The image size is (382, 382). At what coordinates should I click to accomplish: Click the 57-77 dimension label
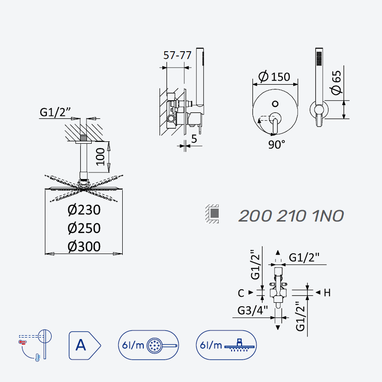(x=177, y=55)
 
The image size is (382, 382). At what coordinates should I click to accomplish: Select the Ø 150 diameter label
(x=274, y=76)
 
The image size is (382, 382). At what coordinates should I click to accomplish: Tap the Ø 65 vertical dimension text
(x=337, y=82)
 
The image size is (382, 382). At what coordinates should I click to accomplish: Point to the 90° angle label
(x=276, y=145)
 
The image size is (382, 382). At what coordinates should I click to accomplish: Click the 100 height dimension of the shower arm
(x=100, y=157)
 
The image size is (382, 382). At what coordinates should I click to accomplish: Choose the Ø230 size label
(x=84, y=210)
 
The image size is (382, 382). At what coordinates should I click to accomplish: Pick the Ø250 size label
(x=84, y=228)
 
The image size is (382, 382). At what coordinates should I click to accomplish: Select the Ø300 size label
(x=84, y=246)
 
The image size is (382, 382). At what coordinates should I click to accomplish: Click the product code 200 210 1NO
(x=291, y=216)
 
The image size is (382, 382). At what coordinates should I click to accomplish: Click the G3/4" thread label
(x=253, y=310)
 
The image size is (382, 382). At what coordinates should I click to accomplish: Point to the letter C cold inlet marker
(x=241, y=293)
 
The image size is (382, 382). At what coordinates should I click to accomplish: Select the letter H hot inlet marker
(x=327, y=293)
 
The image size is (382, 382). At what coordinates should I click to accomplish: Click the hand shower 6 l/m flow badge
(x=149, y=345)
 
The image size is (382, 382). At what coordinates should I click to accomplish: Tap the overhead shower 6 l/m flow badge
(x=226, y=345)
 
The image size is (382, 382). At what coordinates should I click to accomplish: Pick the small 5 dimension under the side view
(x=194, y=139)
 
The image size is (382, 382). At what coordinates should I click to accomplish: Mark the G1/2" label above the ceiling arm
(x=55, y=112)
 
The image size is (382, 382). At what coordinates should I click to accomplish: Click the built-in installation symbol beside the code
(x=212, y=213)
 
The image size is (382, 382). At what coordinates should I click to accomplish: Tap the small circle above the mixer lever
(x=276, y=104)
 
